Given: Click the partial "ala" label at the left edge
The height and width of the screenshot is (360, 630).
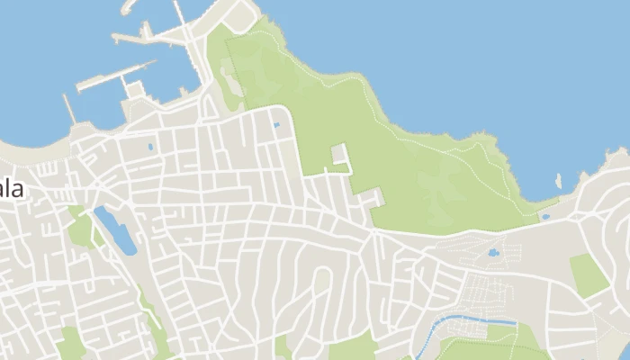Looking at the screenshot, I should point(12,190).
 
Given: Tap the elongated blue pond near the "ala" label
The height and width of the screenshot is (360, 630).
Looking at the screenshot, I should point(115,229).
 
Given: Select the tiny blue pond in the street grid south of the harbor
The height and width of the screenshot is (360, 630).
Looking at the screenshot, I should point(149,146).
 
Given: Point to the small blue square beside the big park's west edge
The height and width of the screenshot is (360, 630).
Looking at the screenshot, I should point(276,124).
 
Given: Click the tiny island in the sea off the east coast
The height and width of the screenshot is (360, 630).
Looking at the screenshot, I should point(559,180).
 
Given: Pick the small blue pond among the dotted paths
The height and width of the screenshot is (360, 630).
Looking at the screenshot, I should point(493,253).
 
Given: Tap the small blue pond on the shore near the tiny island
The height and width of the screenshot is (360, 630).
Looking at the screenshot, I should point(545,217).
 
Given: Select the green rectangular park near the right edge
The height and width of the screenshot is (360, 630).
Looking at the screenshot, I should point(589,274).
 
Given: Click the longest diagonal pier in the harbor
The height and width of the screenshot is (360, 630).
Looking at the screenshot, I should point(117,76).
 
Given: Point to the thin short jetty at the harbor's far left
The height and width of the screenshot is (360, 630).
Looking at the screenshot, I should point(69,109).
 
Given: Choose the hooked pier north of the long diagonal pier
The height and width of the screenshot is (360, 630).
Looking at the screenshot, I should point(148,34).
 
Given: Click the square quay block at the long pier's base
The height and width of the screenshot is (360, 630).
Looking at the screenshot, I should point(135,89).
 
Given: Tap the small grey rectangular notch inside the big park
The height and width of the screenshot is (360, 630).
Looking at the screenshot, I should point(339,154).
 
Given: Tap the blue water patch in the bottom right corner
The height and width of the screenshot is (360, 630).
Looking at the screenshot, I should point(624,350).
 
